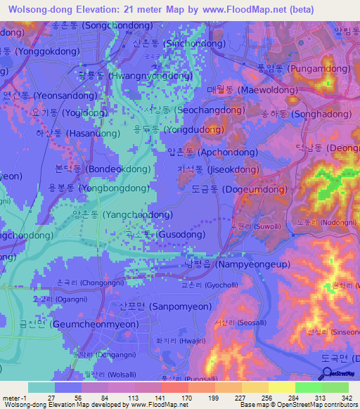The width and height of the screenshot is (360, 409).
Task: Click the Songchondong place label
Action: (91, 25)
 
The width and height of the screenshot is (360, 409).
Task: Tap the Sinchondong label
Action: (174, 43)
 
